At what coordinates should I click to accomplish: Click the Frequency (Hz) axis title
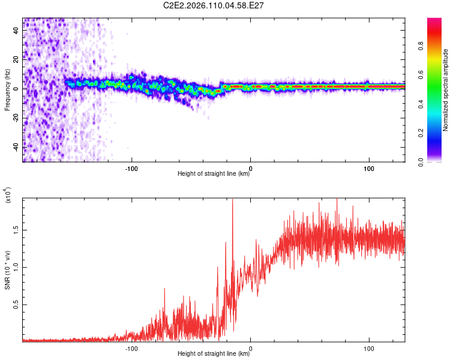[7, 90]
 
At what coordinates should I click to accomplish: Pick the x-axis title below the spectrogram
[214, 174]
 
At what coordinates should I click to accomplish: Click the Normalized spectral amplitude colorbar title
[445, 90]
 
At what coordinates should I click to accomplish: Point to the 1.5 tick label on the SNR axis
[16, 229]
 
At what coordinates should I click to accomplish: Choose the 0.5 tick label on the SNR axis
[16, 304]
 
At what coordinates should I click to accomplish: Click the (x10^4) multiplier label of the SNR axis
[8, 195]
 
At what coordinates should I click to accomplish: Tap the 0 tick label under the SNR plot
[250, 347]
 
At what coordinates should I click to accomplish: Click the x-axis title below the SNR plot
[214, 354]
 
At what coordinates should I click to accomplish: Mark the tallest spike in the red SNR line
[232, 200]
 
